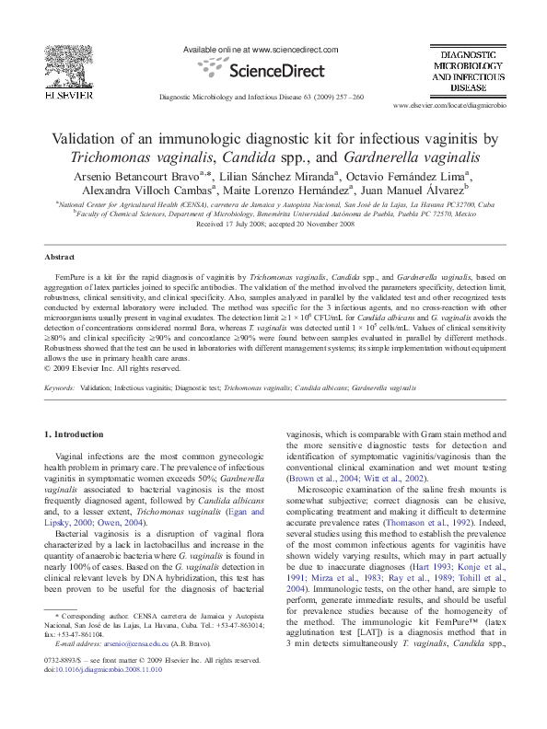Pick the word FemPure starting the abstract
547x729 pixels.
71,276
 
